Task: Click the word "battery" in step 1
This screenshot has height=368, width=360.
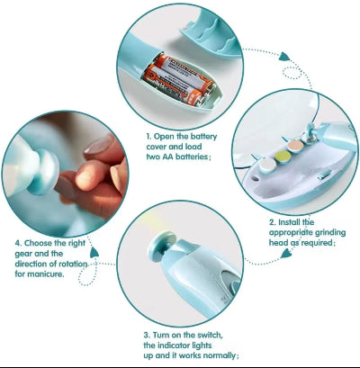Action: coord(203,137)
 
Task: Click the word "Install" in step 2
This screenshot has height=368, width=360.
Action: coord(289,222)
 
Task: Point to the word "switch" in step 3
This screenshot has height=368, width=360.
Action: coord(210,335)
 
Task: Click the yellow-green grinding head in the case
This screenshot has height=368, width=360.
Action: coord(283,157)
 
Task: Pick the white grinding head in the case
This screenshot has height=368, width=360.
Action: coord(266,166)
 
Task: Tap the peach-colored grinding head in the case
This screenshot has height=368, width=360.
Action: coord(296,147)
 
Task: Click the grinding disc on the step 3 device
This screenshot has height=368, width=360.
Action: coord(162,246)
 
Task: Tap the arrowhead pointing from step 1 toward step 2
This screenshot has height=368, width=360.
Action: coord(284,57)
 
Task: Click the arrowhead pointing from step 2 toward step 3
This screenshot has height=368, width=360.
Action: coord(285,255)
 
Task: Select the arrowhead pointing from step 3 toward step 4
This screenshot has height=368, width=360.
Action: coord(94,252)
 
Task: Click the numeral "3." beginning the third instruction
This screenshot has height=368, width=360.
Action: coord(147,335)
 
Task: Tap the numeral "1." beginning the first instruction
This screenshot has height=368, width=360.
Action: coord(148,137)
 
